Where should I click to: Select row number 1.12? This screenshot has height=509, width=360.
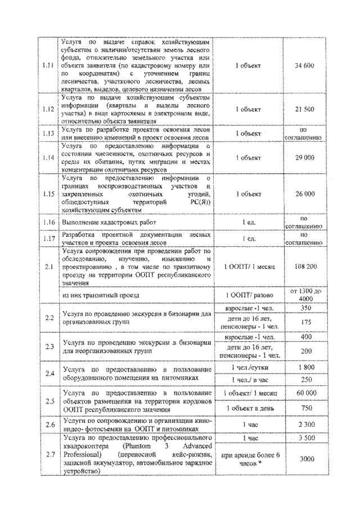pos(49,109)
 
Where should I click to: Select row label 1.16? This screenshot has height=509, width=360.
pos(49,223)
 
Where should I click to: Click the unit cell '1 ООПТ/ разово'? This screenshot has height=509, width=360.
pos(248,295)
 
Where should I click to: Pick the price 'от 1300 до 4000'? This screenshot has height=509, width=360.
pos(304,295)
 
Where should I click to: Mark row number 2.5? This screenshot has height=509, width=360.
pos(49,400)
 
